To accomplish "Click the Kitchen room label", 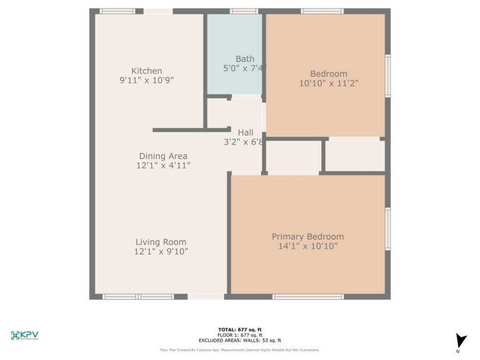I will [x=147, y=71].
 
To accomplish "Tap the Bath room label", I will [x=245, y=59].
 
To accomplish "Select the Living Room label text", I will [x=161, y=242].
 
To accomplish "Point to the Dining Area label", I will [x=163, y=156].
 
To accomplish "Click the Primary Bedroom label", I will [x=307, y=237].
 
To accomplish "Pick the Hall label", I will [x=246, y=133].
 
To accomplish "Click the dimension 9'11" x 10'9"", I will [x=147, y=80].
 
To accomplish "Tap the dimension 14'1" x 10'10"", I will [x=307, y=246].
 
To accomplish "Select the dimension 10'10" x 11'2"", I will [x=329, y=83].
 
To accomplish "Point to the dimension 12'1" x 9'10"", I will [x=161, y=252].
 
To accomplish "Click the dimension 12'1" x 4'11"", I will [x=163, y=165].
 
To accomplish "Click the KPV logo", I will [x=24, y=335].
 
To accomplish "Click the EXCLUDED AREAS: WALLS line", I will [x=240, y=341].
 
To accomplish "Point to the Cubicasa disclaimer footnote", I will [x=240, y=350].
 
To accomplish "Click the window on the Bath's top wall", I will [x=244, y=11].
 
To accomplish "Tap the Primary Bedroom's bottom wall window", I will [x=308, y=297].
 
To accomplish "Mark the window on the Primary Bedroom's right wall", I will [x=388, y=229].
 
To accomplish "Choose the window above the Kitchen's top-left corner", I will [x=117, y=11].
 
